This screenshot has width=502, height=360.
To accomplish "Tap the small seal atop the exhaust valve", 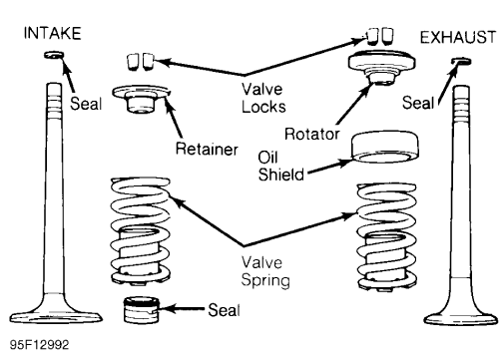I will coord(460,62).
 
